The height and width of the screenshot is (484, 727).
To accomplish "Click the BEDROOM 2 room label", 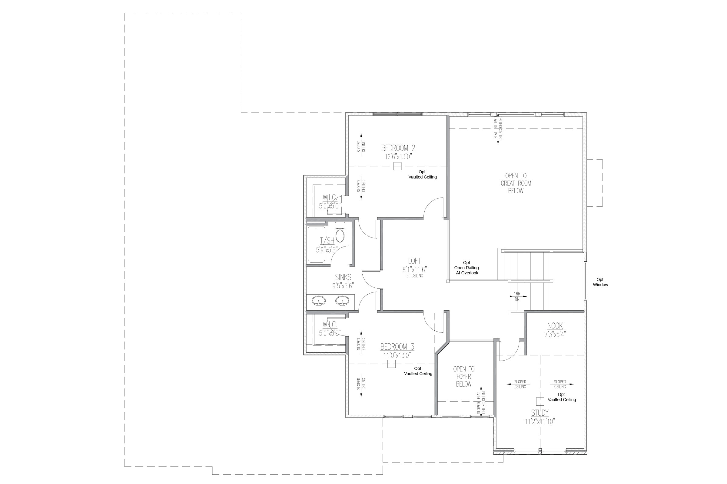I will tap(398, 148).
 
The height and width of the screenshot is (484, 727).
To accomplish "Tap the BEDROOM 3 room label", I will tap(397, 347).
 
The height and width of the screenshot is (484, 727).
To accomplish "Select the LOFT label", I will tap(414, 261).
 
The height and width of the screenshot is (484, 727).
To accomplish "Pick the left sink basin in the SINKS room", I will tap(318, 300).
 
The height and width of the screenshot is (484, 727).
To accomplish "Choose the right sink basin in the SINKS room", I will tap(342, 300).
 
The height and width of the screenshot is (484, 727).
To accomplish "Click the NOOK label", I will tap(555, 326).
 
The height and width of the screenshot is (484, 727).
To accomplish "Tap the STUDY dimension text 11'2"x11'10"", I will tap(540, 422).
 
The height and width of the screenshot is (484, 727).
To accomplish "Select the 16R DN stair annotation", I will tap(517, 297).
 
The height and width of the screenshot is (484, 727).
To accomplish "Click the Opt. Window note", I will tap(600, 282).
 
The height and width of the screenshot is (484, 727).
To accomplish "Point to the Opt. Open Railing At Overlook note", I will tap(467, 268).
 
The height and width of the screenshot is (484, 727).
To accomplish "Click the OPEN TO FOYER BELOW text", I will tap(464, 377).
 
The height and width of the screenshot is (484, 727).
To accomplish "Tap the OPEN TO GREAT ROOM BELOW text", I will tap(516, 183).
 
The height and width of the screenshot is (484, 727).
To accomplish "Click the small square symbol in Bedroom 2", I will tap(397, 166).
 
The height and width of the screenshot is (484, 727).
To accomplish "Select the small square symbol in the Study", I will tap(540, 401).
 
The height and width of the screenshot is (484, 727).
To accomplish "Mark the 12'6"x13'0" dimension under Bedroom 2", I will tap(398, 157).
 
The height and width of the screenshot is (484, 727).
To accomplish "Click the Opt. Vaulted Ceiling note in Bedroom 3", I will tap(418, 371).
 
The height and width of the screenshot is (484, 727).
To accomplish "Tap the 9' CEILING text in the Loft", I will tap(414, 276).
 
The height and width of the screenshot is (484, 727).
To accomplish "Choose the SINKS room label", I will tap(343, 277).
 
